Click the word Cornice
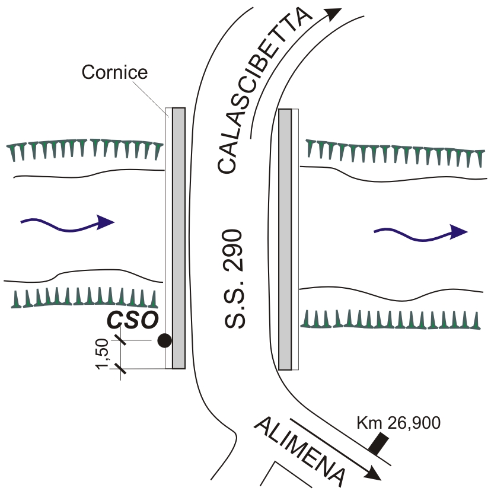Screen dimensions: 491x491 tap(114, 72)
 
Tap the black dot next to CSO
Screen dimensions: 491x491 tap(164, 340)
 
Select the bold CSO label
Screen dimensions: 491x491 tap(132, 320)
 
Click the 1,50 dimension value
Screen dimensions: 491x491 tap(103, 354)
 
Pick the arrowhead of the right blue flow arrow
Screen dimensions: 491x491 tap(458, 232)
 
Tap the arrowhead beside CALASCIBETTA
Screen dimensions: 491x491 tap(335, 14)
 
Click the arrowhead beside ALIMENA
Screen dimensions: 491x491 tap(373, 473)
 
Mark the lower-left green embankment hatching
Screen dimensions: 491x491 tap(84, 298)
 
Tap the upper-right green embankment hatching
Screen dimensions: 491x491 tap(393, 153)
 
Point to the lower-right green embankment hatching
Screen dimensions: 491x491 tap(391, 319)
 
